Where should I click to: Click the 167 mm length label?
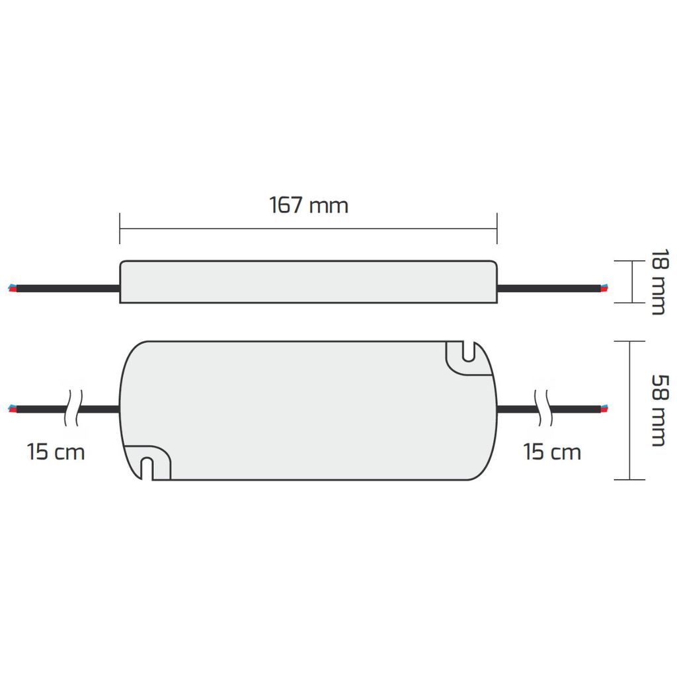coord(308,205)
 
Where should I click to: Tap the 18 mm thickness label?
coord(658,282)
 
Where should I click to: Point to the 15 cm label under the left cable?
coord(56,452)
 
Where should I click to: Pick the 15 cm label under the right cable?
coord(552,452)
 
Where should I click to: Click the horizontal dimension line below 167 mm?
coord(308,229)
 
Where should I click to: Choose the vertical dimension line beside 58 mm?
coord(630,410)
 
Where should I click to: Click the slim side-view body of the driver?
coord(308,282)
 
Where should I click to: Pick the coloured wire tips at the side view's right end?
coord(604,288)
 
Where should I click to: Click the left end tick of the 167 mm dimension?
coord(120,229)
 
